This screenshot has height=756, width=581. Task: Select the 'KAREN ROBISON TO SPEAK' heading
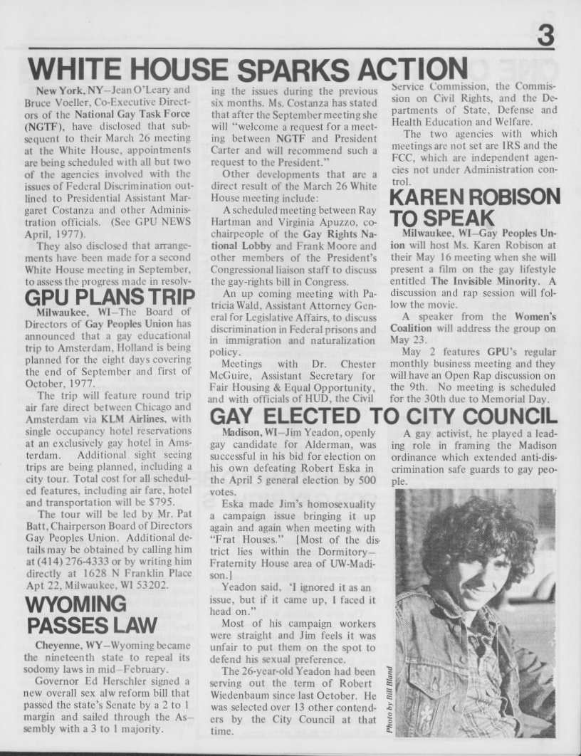pos(475,206)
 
